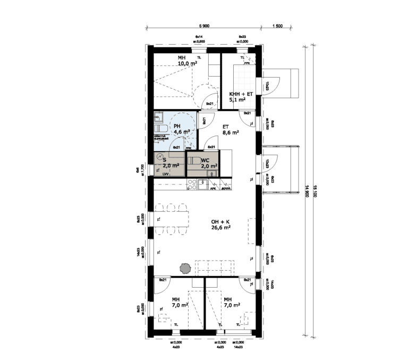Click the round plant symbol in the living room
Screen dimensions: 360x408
185,269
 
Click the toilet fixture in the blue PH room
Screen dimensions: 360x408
159,129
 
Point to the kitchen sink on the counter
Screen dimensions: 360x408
202,185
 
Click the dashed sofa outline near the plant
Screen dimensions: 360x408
215,267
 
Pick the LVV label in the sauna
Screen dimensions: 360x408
165,174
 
